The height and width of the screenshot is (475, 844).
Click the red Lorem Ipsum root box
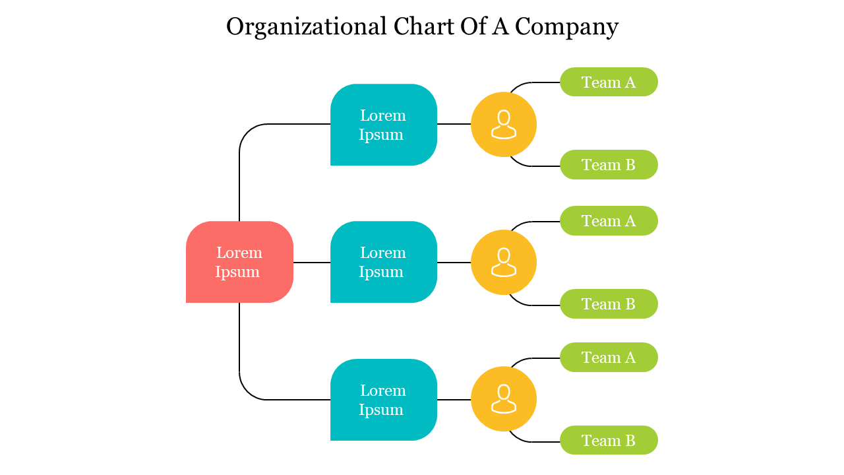click(x=239, y=262)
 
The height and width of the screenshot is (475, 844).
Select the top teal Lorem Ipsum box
click(x=383, y=125)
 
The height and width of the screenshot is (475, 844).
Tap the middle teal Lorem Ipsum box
click(x=383, y=262)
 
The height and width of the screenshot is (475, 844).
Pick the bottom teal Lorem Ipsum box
click(x=383, y=400)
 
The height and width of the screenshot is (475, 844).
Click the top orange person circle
click(x=504, y=124)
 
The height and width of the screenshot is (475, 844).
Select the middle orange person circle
click(x=504, y=262)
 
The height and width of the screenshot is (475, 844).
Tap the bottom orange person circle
click(x=504, y=399)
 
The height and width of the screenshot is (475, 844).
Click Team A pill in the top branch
click(x=609, y=82)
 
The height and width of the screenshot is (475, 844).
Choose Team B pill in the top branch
click(x=609, y=165)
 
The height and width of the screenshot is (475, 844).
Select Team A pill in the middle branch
click(x=609, y=221)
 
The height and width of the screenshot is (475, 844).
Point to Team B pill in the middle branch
click(x=609, y=304)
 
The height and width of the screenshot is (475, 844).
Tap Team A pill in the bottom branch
click(x=609, y=358)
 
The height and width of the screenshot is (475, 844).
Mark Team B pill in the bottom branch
click(x=609, y=440)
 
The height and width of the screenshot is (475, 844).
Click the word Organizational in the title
click(x=307, y=27)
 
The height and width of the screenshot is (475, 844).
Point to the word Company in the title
click(x=566, y=27)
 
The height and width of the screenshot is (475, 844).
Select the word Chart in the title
click(x=419, y=27)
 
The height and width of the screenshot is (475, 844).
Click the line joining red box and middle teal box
click(x=312, y=263)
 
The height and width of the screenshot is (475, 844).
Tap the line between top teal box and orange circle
click(x=454, y=124)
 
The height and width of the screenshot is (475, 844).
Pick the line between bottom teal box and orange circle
click(x=454, y=400)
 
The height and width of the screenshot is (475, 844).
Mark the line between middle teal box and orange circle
click(x=454, y=263)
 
